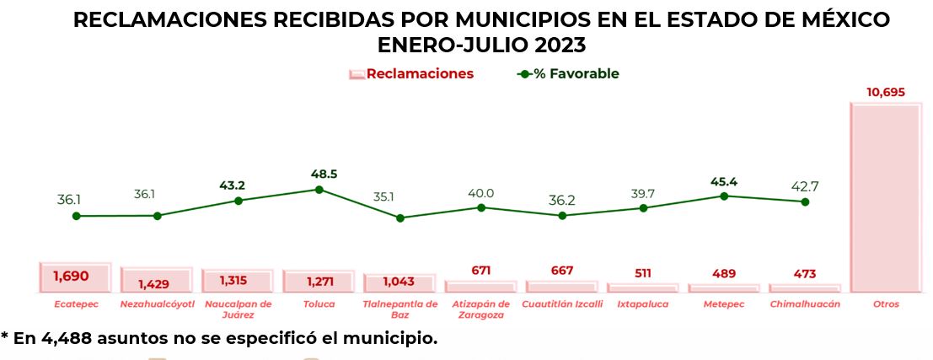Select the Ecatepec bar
tap(75, 277)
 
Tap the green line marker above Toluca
tap(319, 190)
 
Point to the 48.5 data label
tap(323, 174)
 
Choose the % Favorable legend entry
tap(568, 74)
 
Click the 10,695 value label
tap(886, 92)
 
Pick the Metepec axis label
tap(723, 304)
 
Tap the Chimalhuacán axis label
tap(805, 304)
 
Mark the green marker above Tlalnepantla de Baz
tap(400, 218)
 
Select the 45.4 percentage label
tap(724, 180)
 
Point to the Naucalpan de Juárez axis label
tap(239, 309)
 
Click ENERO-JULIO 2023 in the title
tap(481, 44)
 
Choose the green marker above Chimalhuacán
tap(805, 202)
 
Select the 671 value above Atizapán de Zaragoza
tap(481, 271)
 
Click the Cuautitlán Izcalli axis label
tap(562, 304)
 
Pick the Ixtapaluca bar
tap(642, 287)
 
